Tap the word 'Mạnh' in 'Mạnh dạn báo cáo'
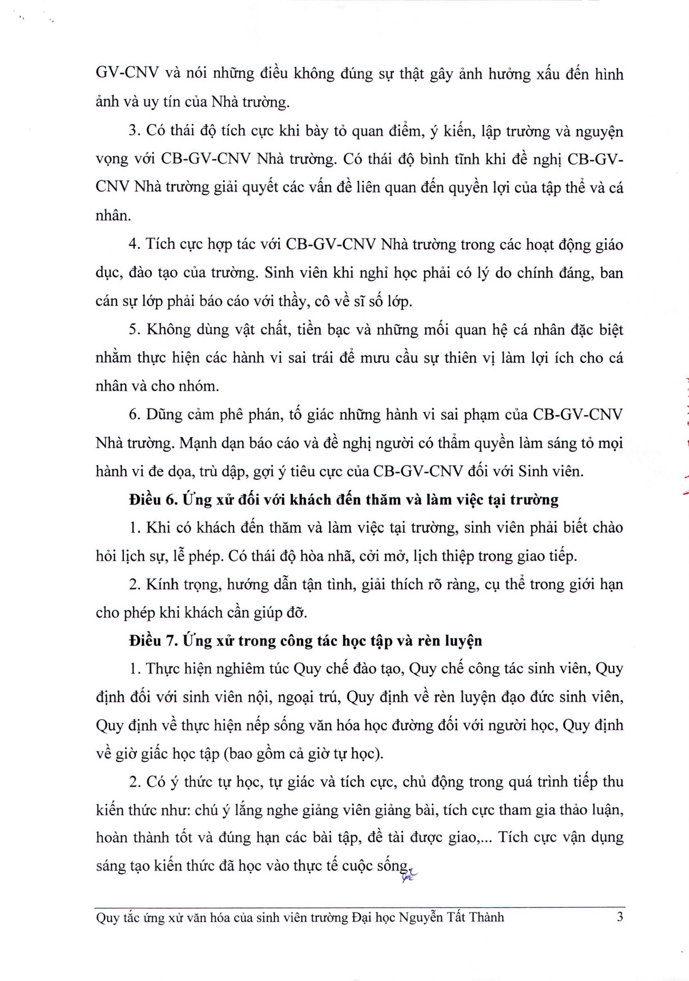point(198,443)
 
